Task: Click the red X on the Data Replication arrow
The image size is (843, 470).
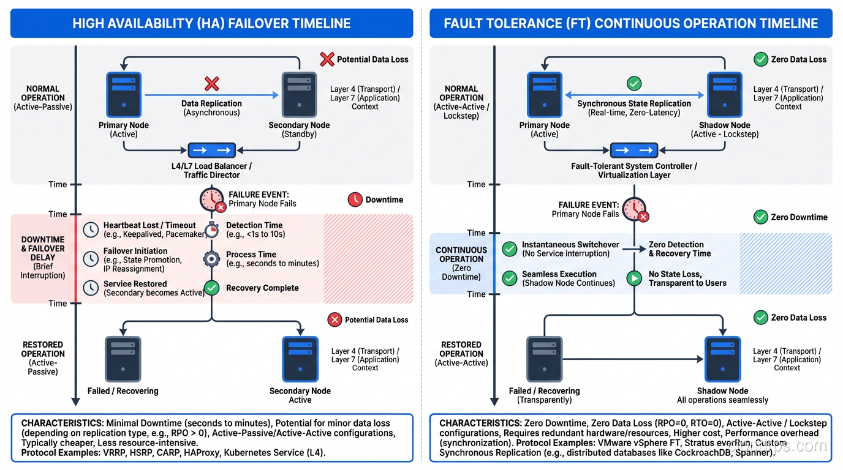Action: click(x=211, y=84)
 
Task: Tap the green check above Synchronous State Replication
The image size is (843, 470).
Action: click(x=634, y=84)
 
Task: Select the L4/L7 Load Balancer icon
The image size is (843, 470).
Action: click(x=211, y=151)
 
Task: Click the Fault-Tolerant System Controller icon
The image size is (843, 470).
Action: click(x=634, y=151)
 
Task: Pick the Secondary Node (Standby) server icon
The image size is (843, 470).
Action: click(x=299, y=94)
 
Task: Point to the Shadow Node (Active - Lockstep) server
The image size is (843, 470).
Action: click(x=725, y=94)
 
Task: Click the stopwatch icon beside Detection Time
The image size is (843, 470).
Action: click(x=211, y=230)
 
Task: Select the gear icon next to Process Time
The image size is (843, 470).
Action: click(x=211, y=259)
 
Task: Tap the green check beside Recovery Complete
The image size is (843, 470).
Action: click(x=211, y=288)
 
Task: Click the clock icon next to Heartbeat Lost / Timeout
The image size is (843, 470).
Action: click(x=91, y=229)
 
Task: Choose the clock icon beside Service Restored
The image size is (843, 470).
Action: click(x=91, y=288)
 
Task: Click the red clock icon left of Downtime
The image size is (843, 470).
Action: click(x=355, y=200)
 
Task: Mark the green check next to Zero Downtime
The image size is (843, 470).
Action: click(x=760, y=217)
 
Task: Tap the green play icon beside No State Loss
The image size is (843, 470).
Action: click(x=633, y=279)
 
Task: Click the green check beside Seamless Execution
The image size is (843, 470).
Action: click(x=509, y=279)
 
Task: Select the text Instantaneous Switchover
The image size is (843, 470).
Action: click(x=570, y=245)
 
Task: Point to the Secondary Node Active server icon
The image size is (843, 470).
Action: click(x=300, y=359)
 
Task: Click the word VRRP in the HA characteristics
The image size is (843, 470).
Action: click(x=113, y=452)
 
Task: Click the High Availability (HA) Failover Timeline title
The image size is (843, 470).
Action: click(x=211, y=23)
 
